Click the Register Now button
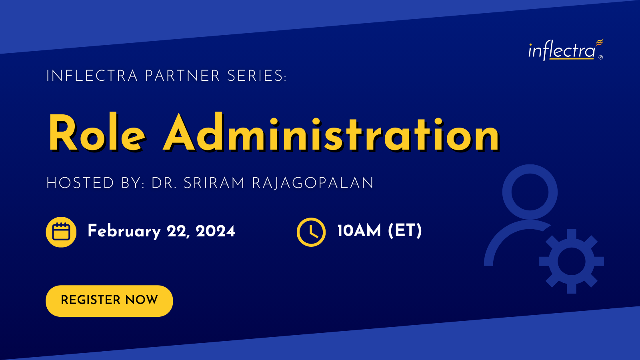point(109,301)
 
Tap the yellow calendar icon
point(61,232)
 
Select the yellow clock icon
point(311,232)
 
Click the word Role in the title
point(97,132)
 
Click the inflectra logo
point(566,50)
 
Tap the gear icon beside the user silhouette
point(572,261)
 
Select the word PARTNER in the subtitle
point(182,76)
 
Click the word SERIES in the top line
point(256,76)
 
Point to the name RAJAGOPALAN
point(312,183)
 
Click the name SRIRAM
point(214,183)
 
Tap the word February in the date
point(124,231)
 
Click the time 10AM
point(359,230)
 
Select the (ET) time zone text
point(405,231)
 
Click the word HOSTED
point(80,183)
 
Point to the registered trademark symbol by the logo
point(600,58)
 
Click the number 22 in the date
point(178,232)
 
